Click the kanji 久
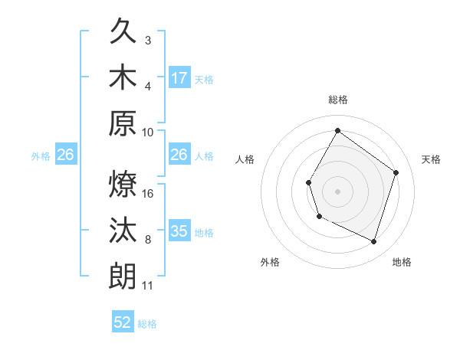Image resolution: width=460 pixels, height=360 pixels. (x=123, y=33)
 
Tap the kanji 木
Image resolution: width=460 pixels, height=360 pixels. (x=123, y=77)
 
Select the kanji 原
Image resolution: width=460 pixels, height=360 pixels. (x=123, y=122)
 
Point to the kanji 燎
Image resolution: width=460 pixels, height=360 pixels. (x=123, y=184)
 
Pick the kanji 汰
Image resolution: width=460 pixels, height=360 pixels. (x=123, y=230)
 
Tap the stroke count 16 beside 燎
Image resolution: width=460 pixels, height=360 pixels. (x=148, y=193)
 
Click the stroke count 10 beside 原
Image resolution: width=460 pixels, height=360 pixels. (x=148, y=131)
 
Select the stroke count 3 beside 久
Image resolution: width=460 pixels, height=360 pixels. (x=148, y=40)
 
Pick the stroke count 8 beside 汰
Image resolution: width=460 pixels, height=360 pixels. (x=148, y=240)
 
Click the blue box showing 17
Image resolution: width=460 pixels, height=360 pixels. (x=179, y=77)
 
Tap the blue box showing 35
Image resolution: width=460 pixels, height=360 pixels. (x=179, y=231)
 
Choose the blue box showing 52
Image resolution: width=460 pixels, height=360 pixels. (x=123, y=322)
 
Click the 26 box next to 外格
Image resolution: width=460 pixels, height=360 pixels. (x=65, y=155)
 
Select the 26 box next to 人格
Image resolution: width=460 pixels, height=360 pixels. (x=179, y=155)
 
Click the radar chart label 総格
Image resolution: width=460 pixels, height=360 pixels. (x=337, y=100)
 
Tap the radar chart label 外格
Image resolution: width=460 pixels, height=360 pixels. (x=270, y=262)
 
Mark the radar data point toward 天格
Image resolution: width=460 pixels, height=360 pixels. (x=396, y=172)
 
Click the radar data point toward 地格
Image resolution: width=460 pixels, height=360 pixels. (x=373, y=242)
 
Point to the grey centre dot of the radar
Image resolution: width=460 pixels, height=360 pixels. (x=337, y=191)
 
